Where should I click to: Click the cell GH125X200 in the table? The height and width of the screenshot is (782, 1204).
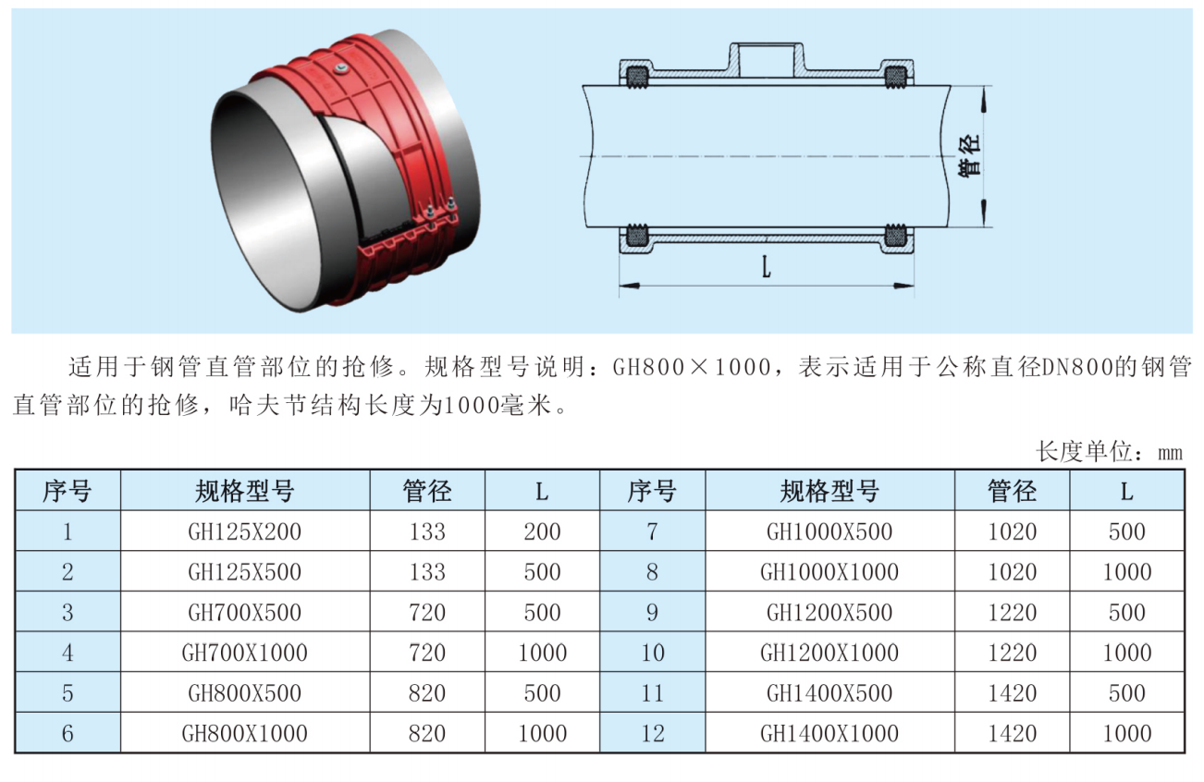[244, 532]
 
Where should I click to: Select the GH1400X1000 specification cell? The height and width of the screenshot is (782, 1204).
[829, 733]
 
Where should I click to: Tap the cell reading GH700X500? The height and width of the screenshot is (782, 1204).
[244, 612]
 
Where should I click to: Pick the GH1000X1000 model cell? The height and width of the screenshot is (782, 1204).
[829, 572]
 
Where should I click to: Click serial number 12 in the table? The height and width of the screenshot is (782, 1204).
[653, 733]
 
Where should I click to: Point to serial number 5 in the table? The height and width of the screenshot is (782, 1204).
[68, 692]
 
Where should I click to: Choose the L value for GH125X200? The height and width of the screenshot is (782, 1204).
[542, 532]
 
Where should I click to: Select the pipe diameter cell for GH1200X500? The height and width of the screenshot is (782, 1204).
[1012, 612]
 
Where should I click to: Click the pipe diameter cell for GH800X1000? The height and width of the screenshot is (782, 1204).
[427, 733]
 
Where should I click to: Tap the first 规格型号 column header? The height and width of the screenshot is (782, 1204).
[244, 491]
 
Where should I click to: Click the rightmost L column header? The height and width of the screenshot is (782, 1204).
[1126, 491]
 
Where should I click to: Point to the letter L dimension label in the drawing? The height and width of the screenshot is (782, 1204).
[767, 266]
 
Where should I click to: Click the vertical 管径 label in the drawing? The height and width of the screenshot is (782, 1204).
[968, 155]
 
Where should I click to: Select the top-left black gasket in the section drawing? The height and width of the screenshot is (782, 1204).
[637, 76]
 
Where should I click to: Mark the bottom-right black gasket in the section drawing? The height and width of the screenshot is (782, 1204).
[895, 237]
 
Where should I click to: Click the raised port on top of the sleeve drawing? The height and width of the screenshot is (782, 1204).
[767, 58]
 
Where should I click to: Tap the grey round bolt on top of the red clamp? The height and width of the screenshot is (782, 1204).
[339, 67]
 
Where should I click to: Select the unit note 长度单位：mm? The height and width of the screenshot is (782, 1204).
[1109, 452]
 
